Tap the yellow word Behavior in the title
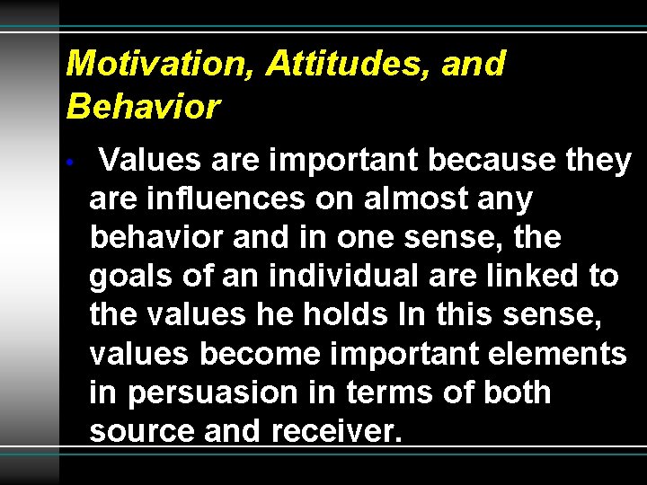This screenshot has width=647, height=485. [x=143, y=107]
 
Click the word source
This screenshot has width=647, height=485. [x=143, y=432]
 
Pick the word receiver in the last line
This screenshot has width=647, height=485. [x=334, y=432]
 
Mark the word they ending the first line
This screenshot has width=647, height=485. [x=599, y=161]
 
